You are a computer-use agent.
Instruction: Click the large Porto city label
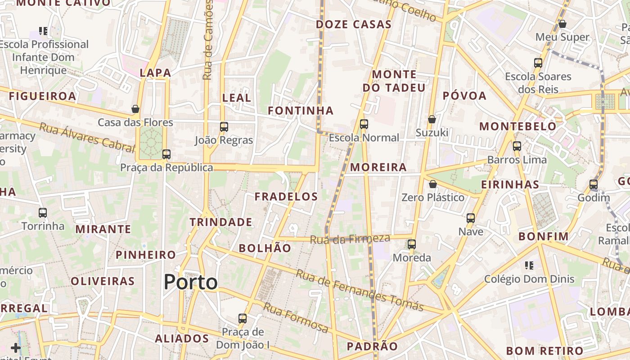pyautogui.click(x=190, y=282)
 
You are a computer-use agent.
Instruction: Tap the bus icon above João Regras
pyautogui.click(x=224, y=127)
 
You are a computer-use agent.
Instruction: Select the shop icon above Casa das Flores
pyautogui.click(x=135, y=109)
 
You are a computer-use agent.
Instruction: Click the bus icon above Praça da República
pyautogui.click(x=166, y=154)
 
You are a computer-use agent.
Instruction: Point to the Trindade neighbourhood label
pyautogui.click(x=220, y=222)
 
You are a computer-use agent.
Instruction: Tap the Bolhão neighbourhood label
pyautogui.click(x=265, y=248)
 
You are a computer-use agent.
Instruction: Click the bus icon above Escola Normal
pyautogui.click(x=364, y=124)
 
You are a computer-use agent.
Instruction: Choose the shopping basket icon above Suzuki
pyautogui.click(x=432, y=119)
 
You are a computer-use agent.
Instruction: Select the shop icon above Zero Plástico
pyautogui.click(x=433, y=184)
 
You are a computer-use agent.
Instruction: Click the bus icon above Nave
pyautogui.click(x=471, y=218)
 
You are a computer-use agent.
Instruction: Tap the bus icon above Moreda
pyautogui.click(x=412, y=244)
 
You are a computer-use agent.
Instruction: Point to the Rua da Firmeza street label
pyautogui.click(x=350, y=239)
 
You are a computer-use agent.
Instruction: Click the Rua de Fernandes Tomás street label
pyautogui.click(x=360, y=290)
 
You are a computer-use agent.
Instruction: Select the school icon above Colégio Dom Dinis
pyautogui.click(x=529, y=265)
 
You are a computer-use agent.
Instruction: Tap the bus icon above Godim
pyautogui.click(x=594, y=184)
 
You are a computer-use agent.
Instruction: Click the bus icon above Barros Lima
pyautogui.click(x=517, y=146)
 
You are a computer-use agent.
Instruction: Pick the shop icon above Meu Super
pyautogui.click(x=562, y=24)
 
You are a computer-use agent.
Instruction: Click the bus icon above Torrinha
pyautogui.click(x=43, y=213)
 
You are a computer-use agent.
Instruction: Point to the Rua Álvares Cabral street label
pyautogui.click(x=87, y=135)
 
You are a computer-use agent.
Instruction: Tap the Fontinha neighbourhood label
pyautogui.click(x=301, y=111)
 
